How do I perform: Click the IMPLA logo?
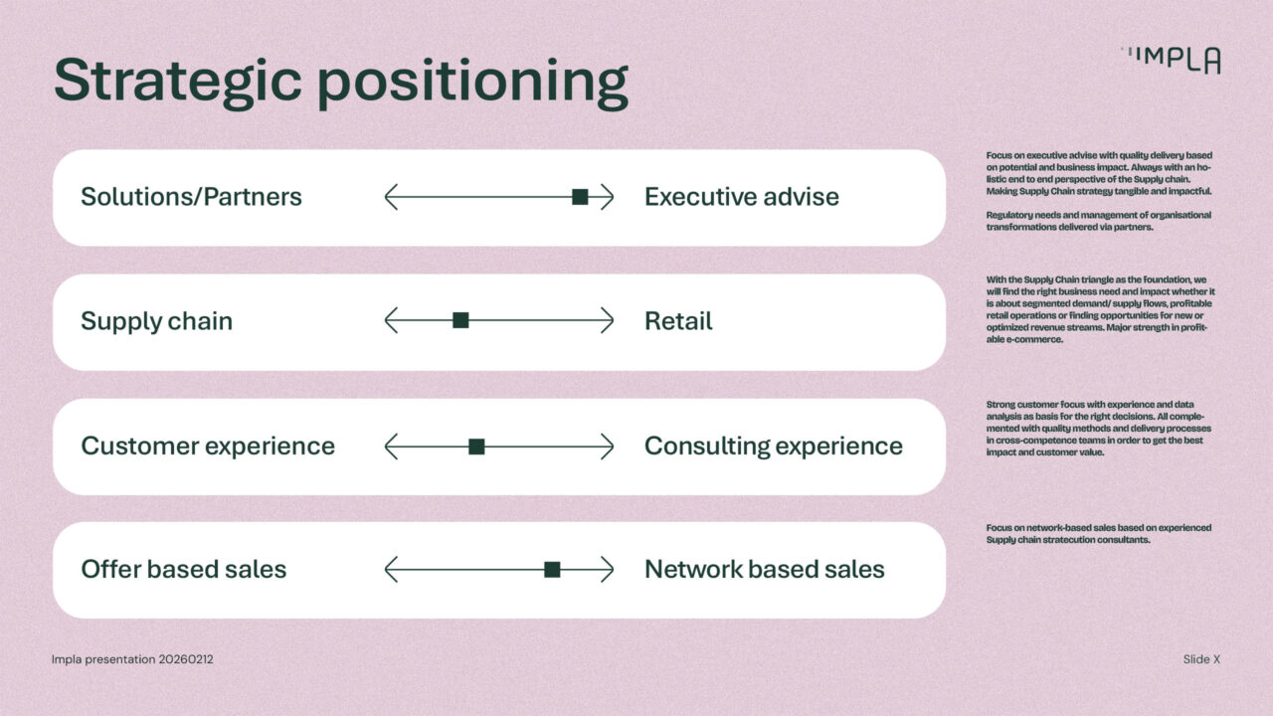(1171, 61)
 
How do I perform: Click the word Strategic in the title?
(177, 82)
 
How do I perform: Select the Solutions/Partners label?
(191, 197)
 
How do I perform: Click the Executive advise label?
(742, 197)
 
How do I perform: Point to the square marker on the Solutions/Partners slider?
(580, 197)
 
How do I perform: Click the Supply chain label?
(156, 321)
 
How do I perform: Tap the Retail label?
(678, 321)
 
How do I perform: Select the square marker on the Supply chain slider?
(460, 320)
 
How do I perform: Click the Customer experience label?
(208, 447)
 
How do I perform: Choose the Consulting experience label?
(774, 447)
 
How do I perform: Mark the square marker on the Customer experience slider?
(476, 447)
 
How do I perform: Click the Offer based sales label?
(184, 570)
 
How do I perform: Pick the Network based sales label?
(765, 570)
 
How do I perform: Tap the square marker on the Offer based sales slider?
(552, 570)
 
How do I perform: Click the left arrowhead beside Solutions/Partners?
(390, 197)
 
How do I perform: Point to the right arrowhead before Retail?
(608, 320)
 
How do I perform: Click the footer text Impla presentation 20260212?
(132, 659)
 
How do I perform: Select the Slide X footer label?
(1201, 659)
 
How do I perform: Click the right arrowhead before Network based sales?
(608, 570)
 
